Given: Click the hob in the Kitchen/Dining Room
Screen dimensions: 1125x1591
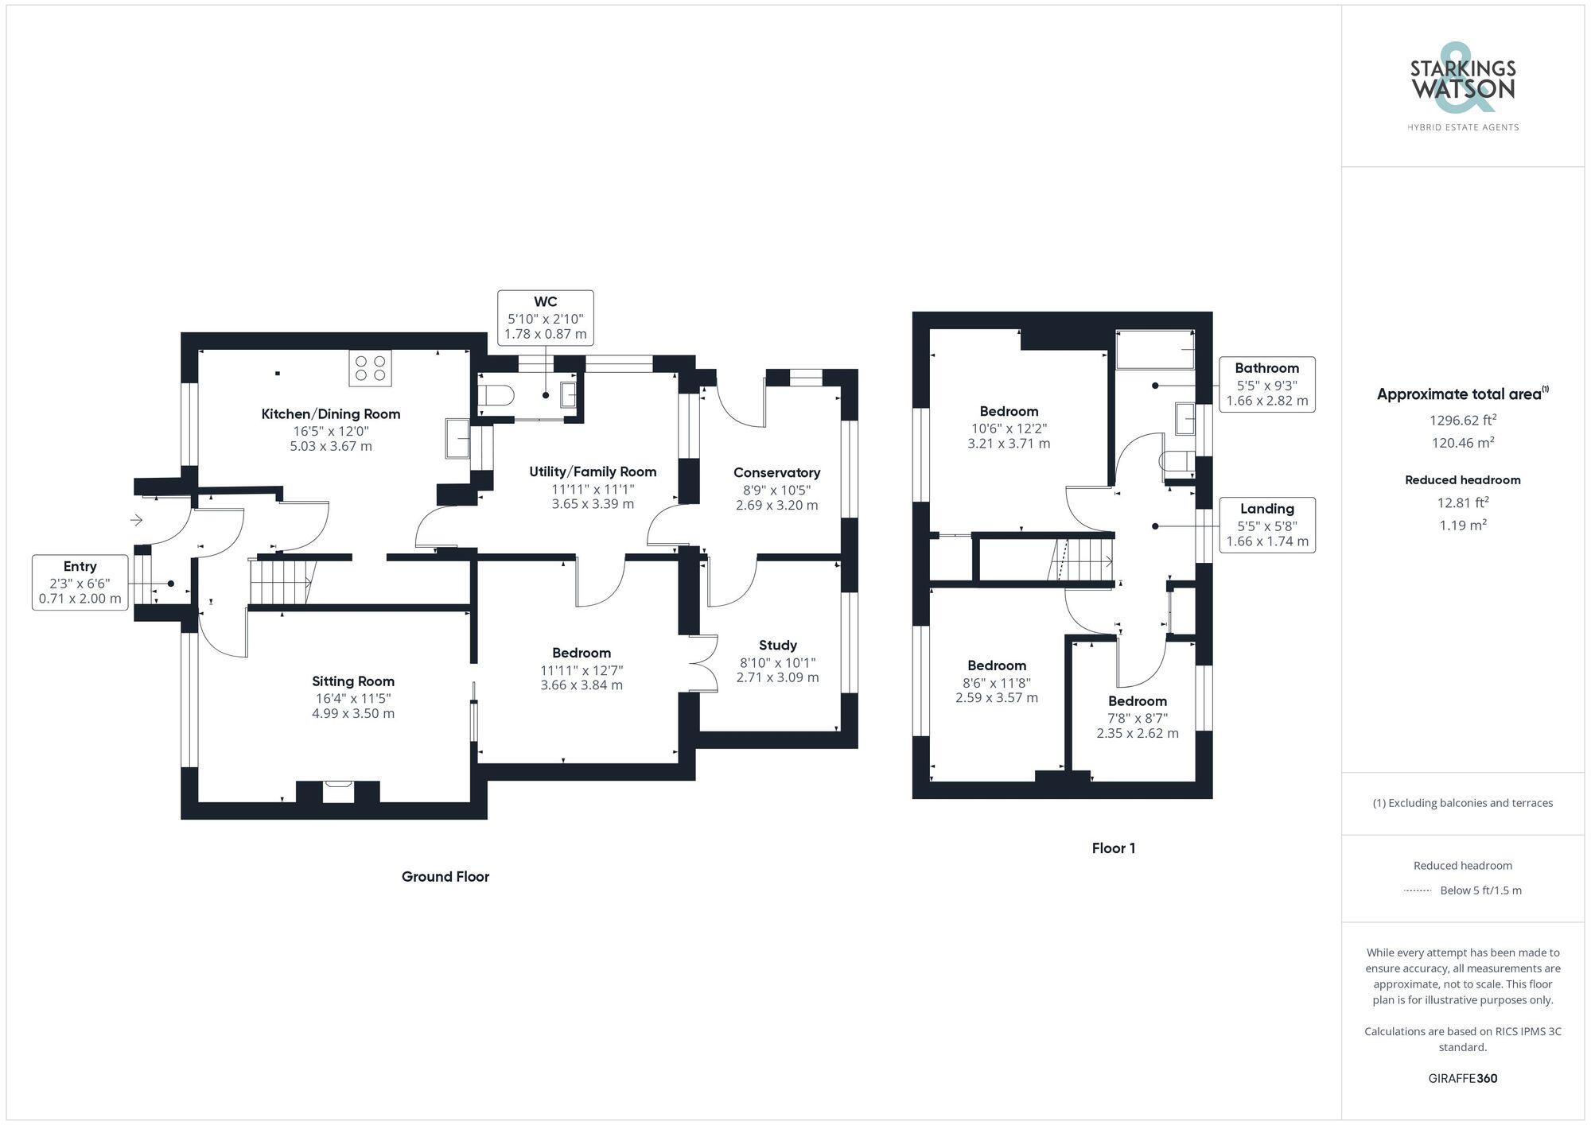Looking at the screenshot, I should click(x=370, y=367).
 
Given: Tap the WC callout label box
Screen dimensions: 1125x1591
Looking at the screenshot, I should click(x=546, y=317).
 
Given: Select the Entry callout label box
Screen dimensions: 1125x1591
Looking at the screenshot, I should click(x=80, y=582).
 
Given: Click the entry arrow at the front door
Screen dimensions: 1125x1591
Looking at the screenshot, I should click(x=137, y=520).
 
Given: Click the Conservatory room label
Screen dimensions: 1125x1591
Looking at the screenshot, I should click(x=776, y=472).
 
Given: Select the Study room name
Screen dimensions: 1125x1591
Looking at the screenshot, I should click(x=777, y=645).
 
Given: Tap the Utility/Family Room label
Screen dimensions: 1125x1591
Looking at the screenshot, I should click(x=593, y=471).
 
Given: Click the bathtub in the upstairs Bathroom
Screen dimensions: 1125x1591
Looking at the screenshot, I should click(x=1155, y=351).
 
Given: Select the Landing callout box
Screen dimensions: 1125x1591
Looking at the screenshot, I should click(x=1266, y=525).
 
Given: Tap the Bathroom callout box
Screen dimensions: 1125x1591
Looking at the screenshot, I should click(x=1266, y=384).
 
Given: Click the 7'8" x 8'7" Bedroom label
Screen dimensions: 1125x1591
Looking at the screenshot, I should click(x=1138, y=700).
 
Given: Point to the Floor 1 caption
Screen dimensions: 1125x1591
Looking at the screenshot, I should click(x=1113, y=848).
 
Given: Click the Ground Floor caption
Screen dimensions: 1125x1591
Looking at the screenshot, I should click(x=445, y=876).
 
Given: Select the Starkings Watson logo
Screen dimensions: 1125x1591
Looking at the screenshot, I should click(x=1462, y=87).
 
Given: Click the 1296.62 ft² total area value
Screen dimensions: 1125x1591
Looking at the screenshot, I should click(x=1462, y=421).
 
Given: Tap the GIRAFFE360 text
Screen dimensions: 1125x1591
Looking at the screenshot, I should click(x=1462, y=1078).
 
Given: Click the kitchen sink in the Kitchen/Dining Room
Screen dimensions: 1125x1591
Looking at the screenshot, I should click(x=457, y=438).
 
